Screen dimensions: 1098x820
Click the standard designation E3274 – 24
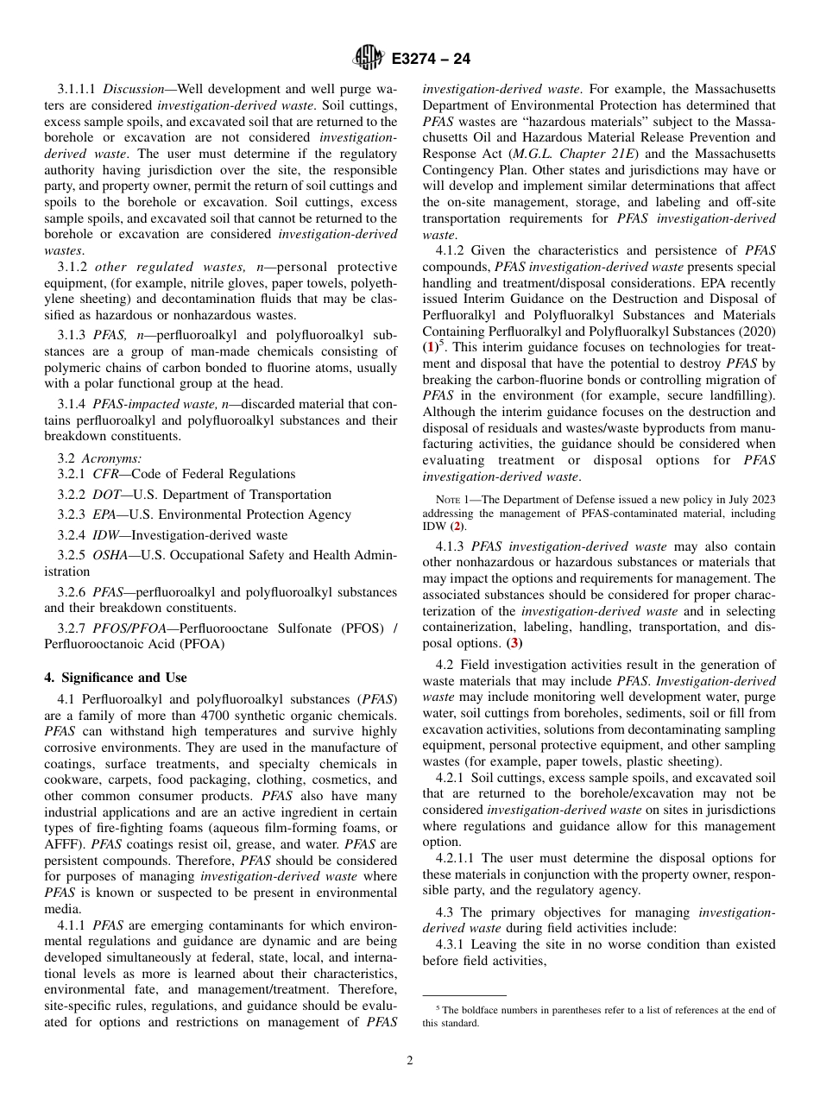pos(431,60)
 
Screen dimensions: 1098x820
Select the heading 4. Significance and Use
pos(115,678)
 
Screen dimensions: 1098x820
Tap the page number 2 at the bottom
pos(410,1061)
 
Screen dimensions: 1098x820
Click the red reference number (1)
pos(429,347)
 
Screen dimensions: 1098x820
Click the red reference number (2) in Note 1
pos(458,526)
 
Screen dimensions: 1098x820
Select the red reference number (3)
pos(514,643)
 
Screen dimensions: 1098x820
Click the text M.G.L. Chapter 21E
pos(562,154)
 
